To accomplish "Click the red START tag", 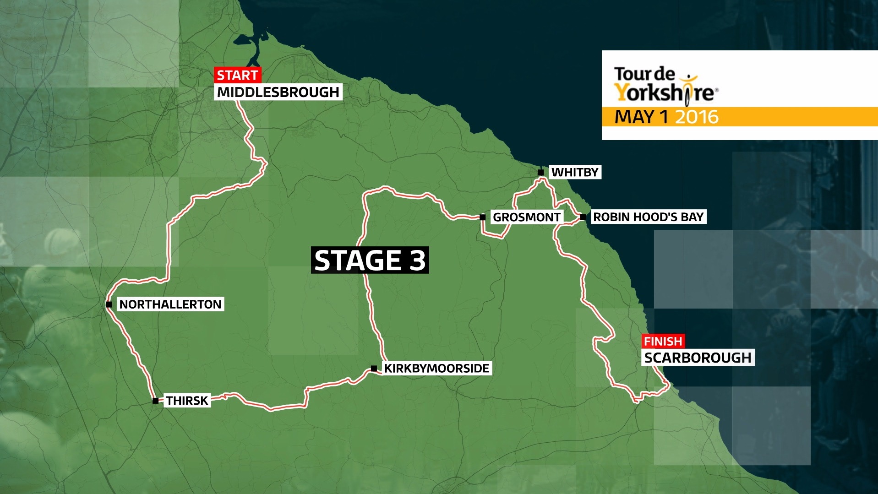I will pos(237,75).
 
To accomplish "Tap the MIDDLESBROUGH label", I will pos(278,92).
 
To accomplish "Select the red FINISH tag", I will pos(663,341).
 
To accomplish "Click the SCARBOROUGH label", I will pos(698,358).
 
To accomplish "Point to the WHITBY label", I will pos(575,172).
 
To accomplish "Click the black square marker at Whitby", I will pos(541,172).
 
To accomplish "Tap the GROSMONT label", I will pos(526,217).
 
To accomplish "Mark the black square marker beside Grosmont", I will pos(482,217).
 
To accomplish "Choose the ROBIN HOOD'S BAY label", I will pos(648,217).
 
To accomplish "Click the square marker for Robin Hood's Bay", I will pos(583,217).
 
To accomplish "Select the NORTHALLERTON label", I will pos(170,304).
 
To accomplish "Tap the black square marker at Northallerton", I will pos(109,304).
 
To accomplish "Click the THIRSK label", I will pos(187,401).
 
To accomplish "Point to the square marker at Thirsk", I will pos(155,401).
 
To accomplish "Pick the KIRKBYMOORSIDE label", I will pos(436,368).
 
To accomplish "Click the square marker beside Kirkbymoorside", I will pos(374,368).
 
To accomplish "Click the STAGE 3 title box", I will pos(370,260).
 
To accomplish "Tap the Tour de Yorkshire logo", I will pos(665,85).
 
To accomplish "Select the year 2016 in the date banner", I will pos(697,117).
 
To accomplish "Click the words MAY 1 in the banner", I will pos(641,117).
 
